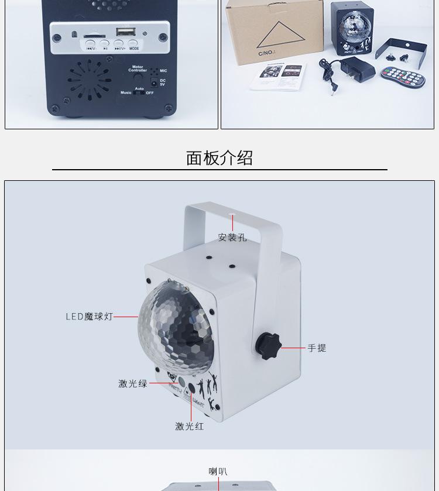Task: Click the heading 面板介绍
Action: coord(220,158)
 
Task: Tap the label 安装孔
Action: coord(232,238)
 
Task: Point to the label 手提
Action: coord(317,348)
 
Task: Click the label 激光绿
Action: coord(133,384)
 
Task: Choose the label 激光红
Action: coord(190,427)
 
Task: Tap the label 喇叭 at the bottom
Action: coord(218,472)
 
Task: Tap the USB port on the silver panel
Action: coord(125,32)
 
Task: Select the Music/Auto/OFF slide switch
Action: coord(139,92)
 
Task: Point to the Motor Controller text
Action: coord(138,68)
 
